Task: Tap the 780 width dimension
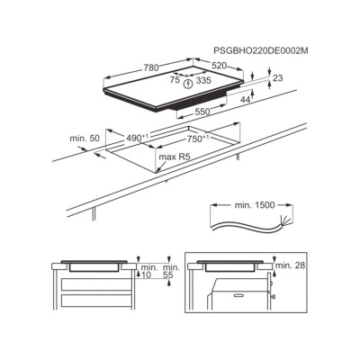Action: [150, 67]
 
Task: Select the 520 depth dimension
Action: [220, 66]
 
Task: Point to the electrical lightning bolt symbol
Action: [188, 85]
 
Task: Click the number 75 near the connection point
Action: [175, 80]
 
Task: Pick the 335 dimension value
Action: [203, 80]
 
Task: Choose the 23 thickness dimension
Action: [278, 78]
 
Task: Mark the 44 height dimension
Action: [245, 100]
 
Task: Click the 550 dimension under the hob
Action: [202, 112]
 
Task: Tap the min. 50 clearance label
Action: [85, 139]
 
